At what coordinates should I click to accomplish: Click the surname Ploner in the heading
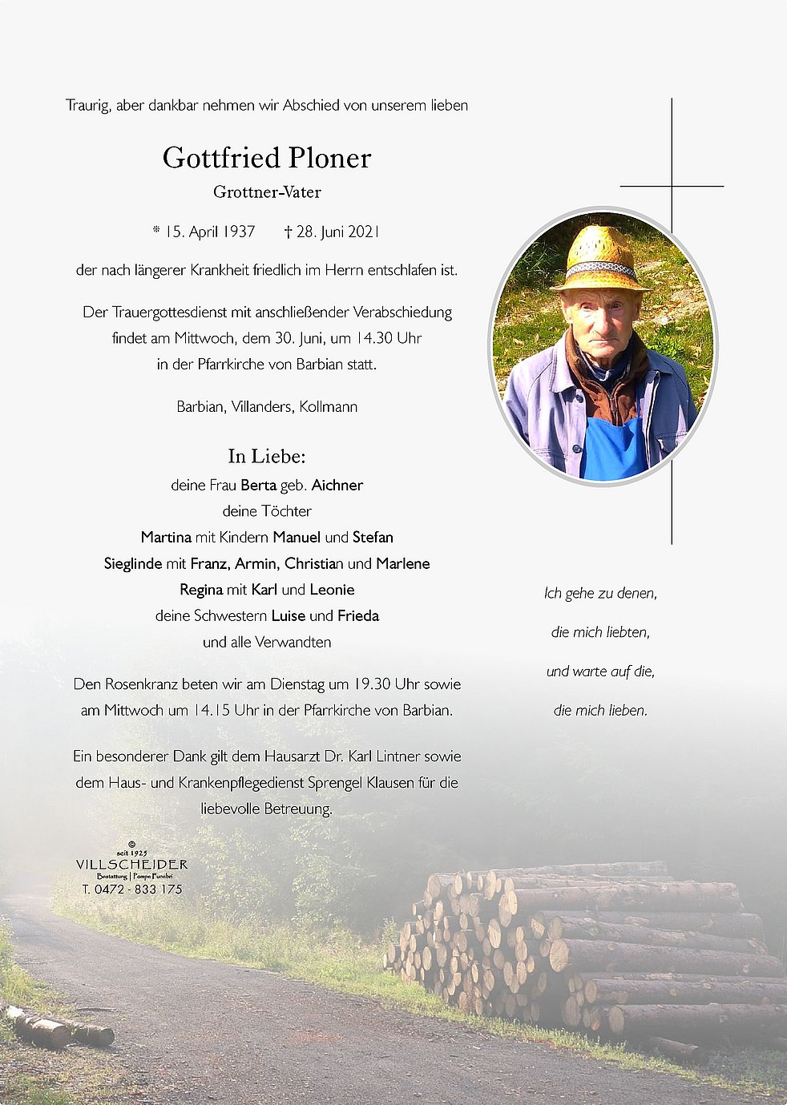[x=329, y=158]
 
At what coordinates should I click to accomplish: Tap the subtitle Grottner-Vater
[x=267, y=192]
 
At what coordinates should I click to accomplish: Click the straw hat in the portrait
[x=599, y=258]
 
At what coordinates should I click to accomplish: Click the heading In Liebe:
[x=267, y=456]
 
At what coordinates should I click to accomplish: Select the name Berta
[x=258, y=485]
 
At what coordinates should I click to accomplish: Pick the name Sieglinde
[x=133, y=563]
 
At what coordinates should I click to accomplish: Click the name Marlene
[x=402, y=563]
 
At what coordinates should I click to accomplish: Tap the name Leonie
[x=332, y=590]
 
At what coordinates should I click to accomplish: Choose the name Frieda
[x=357, y=615]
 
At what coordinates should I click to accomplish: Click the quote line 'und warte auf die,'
[x=600, y=671]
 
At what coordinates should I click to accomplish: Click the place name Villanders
[x=261, y=406]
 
